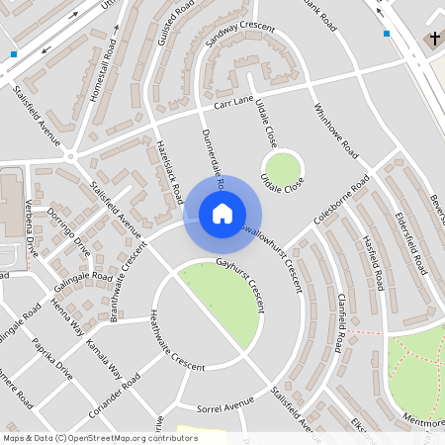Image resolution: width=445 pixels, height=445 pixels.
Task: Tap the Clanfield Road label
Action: coord(338,320)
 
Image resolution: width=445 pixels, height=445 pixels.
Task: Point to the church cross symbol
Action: coord(434,39)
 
